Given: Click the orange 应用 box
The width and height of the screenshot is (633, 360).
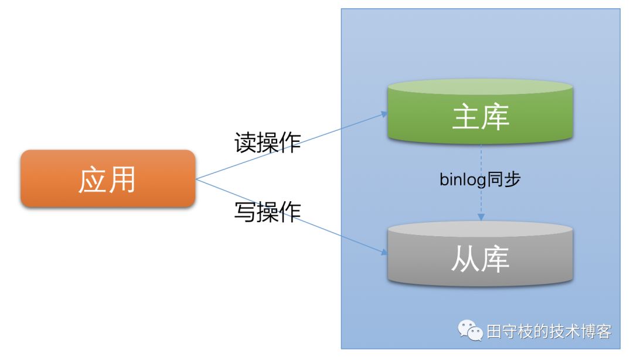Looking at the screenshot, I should point(108,179).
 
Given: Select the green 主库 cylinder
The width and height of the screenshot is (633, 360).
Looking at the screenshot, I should point(480,117).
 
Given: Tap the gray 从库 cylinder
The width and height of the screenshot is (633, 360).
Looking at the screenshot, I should point(480,258).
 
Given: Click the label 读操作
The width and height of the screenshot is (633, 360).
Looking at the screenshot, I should point(267,142).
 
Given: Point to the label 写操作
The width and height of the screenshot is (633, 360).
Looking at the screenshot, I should point(267,212).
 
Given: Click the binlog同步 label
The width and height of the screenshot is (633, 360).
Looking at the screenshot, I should point(480,179).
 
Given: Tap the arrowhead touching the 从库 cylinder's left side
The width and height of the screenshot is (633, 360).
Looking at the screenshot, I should point(384,253).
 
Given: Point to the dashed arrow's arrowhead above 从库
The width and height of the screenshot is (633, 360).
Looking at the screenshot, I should point(481,217).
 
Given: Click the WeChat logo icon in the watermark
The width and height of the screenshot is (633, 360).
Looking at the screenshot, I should point(471,331).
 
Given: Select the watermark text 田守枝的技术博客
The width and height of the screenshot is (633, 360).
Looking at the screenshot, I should point(549,332).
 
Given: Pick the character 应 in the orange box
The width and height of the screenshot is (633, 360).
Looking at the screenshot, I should point(93,179).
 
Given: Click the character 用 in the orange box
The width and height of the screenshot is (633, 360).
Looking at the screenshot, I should point(122,179).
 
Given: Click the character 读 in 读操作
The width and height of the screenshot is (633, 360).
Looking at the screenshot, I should point(246,142).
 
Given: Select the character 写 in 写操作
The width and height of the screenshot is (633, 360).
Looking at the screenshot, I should point(246,212).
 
